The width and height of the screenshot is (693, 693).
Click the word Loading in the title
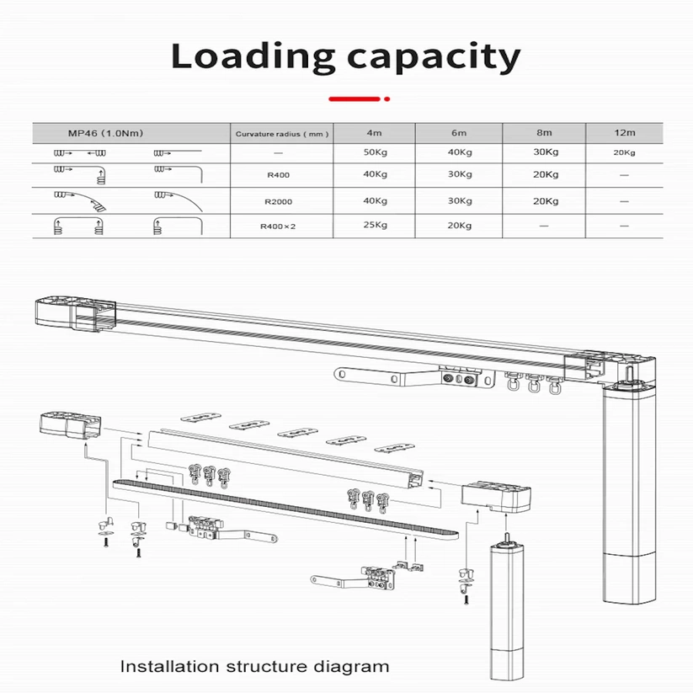[x=248, y=56]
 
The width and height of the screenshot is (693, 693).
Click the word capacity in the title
[x=431, y=57]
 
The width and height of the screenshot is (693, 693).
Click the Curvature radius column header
[x=282, y=133]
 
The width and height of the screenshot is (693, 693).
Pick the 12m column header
[x=624, y=132]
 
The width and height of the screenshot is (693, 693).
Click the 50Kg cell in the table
[x=376, y=152]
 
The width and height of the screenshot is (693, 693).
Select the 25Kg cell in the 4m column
[x=376, y=226]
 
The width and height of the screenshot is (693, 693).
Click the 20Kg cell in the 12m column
[x=624, y=152]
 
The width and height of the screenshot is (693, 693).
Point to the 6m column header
[x=460, y=132]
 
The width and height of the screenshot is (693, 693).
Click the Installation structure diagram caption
[x=254, y=667]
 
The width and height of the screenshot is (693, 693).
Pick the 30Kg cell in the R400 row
[x=460, y=175]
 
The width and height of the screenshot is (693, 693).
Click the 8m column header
[x=544, y=132]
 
